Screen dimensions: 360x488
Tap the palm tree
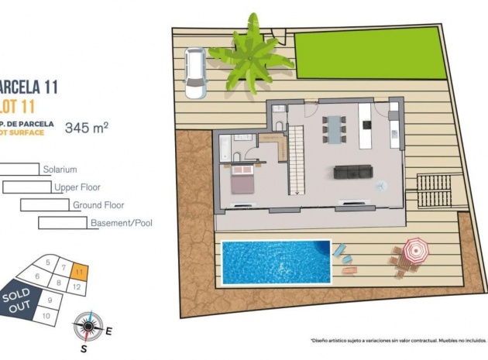[x=252, y=54]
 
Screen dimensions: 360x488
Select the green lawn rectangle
[x=370, y=54]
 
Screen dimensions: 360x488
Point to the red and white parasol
[x=415, y=249]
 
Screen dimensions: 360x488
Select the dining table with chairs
[x=335, y=128]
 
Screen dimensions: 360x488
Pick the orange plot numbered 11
[x=80, y=272]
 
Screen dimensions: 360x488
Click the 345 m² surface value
[x=87, y=127]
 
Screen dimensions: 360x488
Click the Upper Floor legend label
[x=77, y=187]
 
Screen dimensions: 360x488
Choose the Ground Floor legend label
[x=98, y=205]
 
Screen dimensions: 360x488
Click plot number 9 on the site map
[x=50, y=300]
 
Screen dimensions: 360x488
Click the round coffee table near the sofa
[x=380, y=185]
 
